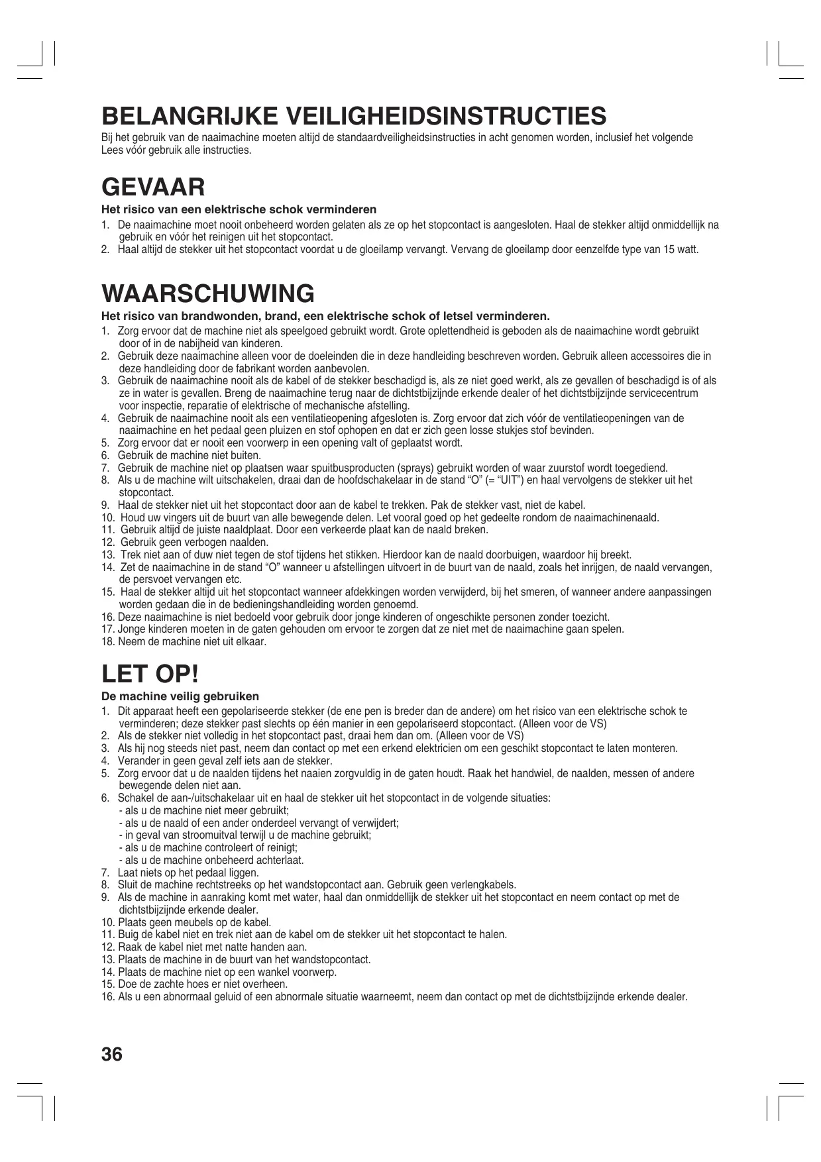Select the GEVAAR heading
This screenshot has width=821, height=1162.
coord(153,187)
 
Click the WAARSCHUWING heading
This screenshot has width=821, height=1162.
coord(208,293)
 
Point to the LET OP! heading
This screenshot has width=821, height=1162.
coord(150,674)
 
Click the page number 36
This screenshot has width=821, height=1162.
coord(112,1054)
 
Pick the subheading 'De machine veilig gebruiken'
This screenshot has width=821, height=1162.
coord(180,696)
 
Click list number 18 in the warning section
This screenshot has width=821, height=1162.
coord(108,642)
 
